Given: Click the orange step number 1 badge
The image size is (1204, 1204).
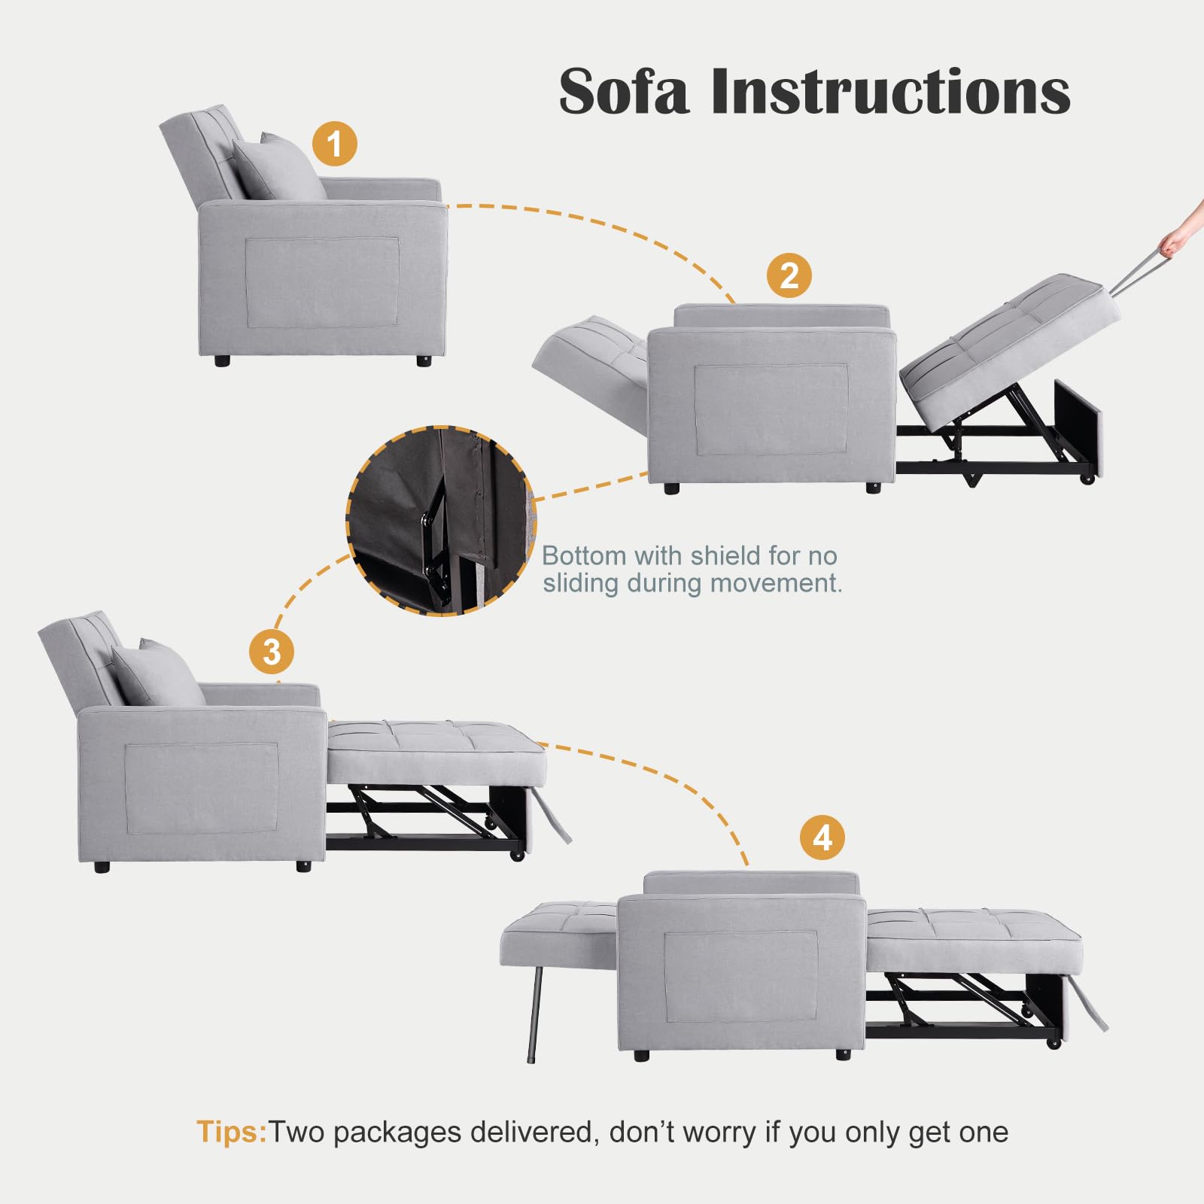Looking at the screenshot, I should coord(335,144).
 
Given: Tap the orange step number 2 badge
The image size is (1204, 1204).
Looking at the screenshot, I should coord(789,275).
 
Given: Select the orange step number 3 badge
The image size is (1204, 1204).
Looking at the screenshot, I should coord(272,652).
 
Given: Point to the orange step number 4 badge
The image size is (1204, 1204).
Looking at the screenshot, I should coord(822,838).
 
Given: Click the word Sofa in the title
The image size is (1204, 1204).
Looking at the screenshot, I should coord(623,92).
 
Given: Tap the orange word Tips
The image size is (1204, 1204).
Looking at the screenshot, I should coord(231,1132).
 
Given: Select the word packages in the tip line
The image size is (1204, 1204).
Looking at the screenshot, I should coord(397,1133).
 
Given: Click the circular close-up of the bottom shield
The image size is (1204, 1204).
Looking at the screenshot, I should coord(441,521).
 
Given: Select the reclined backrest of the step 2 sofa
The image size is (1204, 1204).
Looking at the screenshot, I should coord(591,350).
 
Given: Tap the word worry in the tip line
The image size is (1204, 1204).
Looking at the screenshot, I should coord(721,1133).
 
